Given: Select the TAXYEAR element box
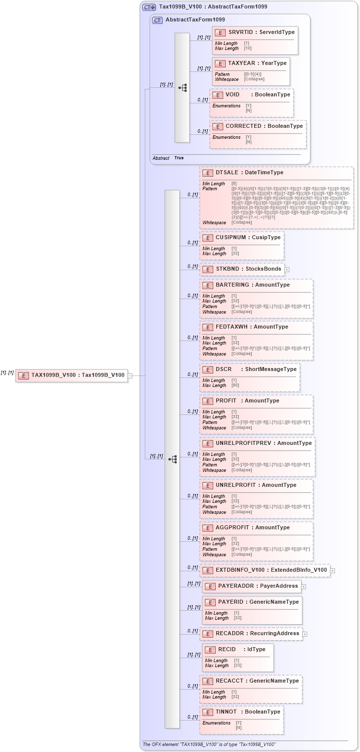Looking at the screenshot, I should (251, 71).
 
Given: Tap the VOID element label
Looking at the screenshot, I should (233, 94).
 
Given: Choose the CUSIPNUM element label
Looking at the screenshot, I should (233, 237).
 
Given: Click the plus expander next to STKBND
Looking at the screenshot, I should (287, 269).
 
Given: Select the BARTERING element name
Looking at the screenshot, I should (232, 285).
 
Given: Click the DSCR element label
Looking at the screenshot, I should (224, 369).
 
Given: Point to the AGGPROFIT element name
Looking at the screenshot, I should (232, 527).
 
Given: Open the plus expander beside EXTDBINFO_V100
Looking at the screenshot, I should (333, 570).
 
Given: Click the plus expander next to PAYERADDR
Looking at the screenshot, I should (304, 586).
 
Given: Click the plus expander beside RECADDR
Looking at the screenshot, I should (305, 634).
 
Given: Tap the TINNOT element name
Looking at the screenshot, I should (227, 712).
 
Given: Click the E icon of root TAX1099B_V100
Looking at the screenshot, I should (22, 375).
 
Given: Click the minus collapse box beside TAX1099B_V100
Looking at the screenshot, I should (130, 375).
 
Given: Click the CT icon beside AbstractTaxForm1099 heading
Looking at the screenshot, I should (157, 20).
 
